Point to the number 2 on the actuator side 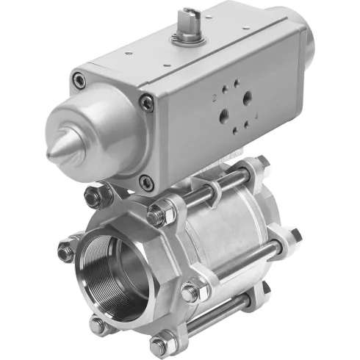214,96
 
